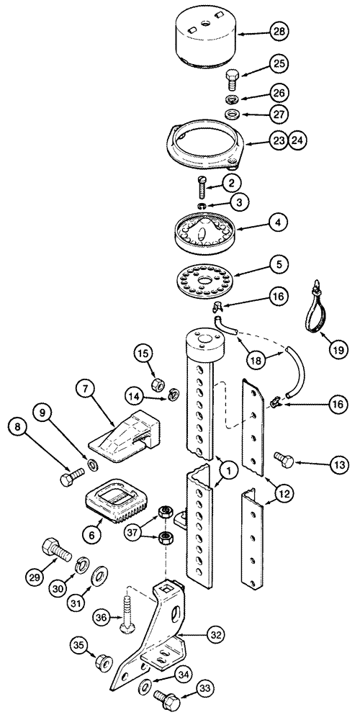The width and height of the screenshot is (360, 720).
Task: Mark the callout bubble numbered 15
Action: click(x=143, y=354)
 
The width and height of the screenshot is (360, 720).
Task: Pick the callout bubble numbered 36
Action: click(x=102, y=618)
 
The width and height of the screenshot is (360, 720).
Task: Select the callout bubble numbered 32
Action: click(x=215, y=634)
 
